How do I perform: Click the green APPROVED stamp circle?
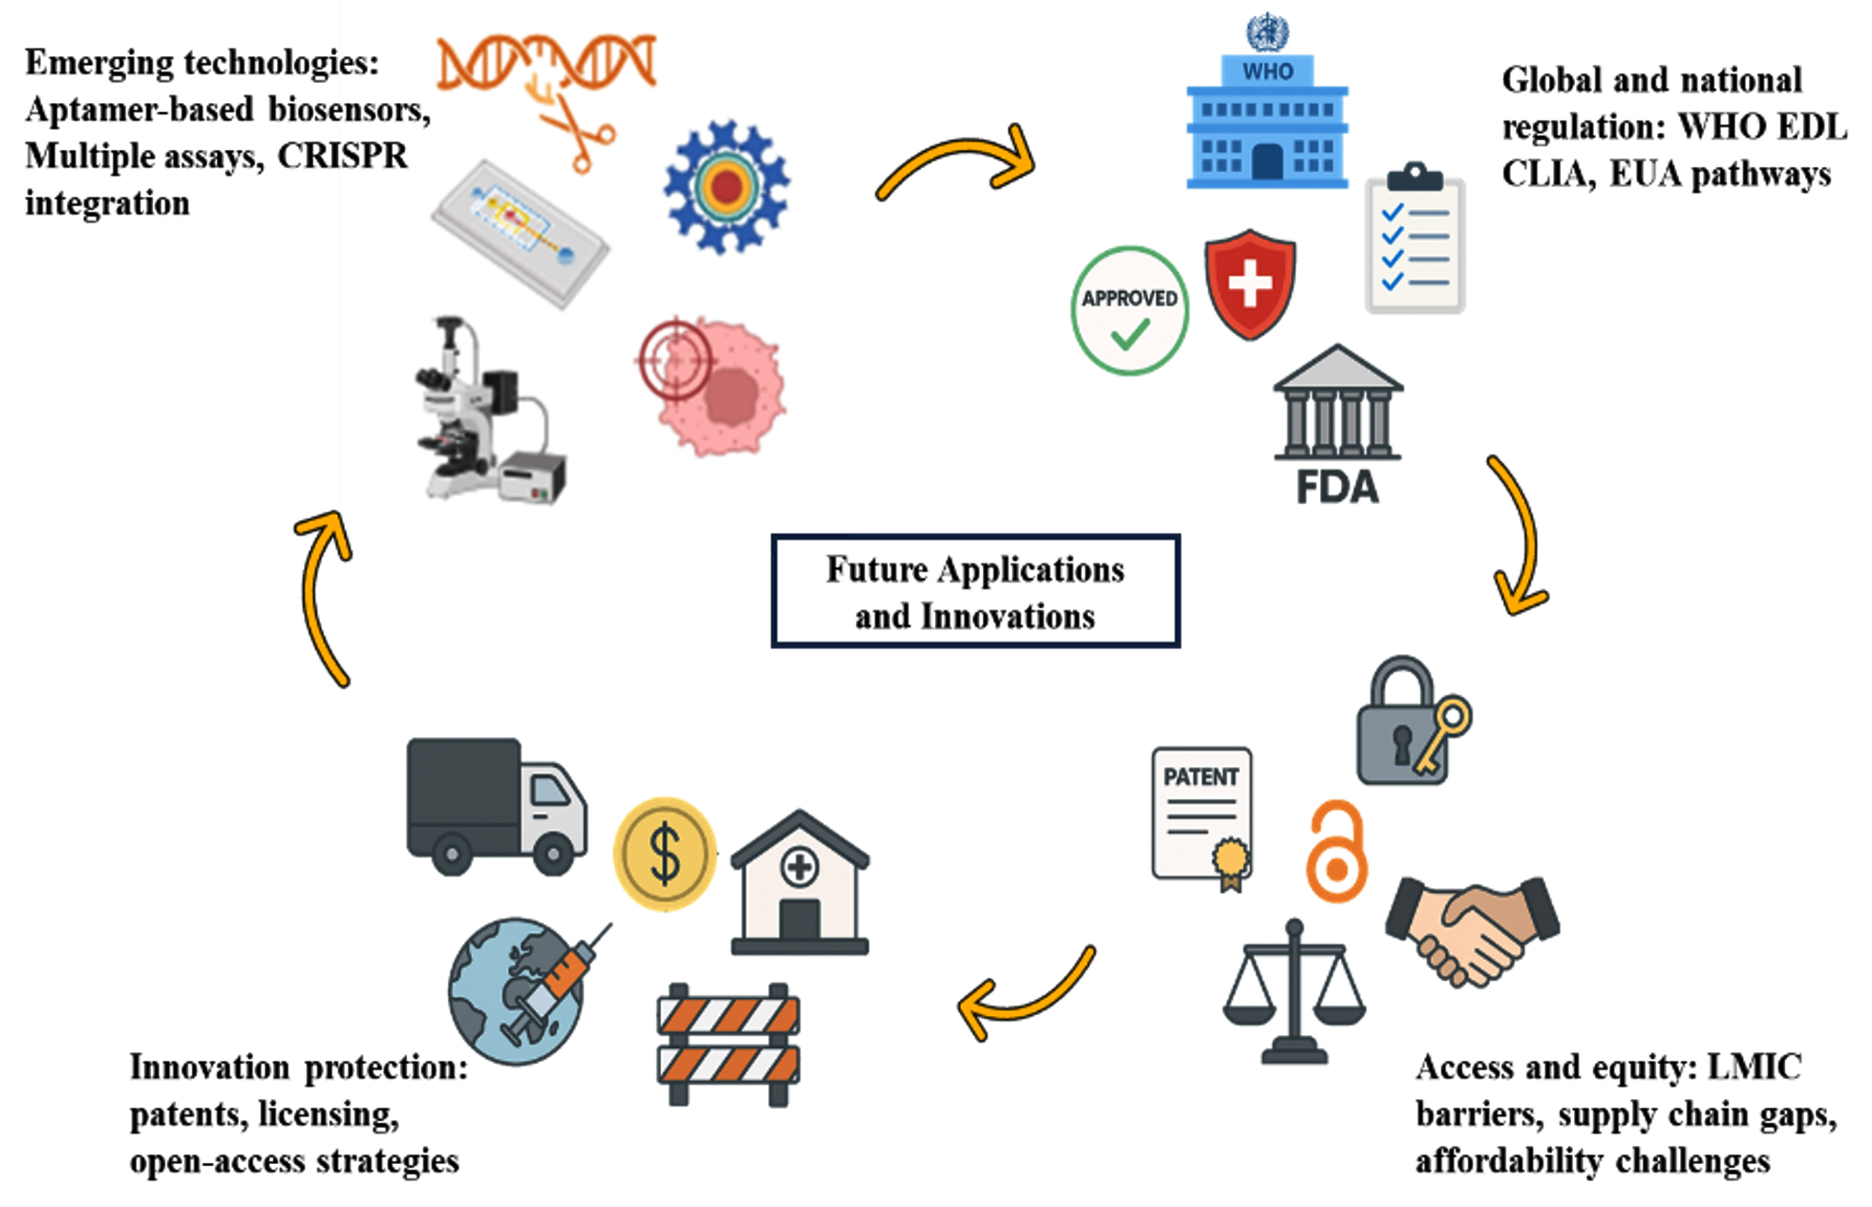pos(1130,311)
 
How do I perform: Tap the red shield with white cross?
pos(1249,284)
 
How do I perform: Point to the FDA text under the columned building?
pos(1337,487)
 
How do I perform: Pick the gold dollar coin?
pos(665,853)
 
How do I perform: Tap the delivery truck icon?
pos(496,807)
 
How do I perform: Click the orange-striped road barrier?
pos(728,1043)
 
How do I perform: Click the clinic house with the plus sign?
pos(799,884)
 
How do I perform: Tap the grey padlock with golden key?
pos(1409,724)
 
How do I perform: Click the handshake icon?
pos(1472,932)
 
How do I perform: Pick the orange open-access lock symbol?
pos(1336,853)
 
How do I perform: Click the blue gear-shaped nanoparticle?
pos(727,186)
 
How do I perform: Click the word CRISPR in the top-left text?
pos(342,157)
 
